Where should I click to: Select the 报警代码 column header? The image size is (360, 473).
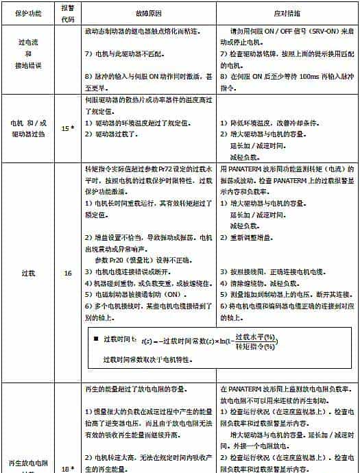click(67, 13)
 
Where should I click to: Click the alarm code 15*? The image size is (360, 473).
click(67, 128)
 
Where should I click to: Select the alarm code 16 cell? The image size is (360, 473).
click(67, 273)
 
